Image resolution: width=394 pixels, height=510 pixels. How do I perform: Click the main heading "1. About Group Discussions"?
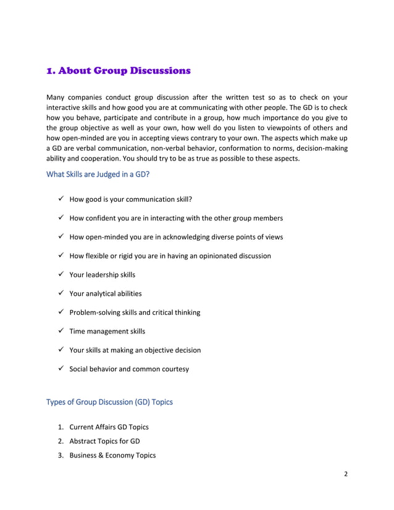click(x=119, y=70)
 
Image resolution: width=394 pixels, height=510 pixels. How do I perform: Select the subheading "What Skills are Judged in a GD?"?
click(x=98, y=174)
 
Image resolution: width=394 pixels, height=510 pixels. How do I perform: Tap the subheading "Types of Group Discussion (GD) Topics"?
click(x=109, y=402)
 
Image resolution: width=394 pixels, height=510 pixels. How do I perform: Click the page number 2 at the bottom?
click(x=346, y=474)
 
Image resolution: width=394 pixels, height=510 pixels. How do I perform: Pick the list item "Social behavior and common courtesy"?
click(x=129, y=369)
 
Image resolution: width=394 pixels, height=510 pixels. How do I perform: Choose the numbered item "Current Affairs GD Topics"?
click(x=109, y=427)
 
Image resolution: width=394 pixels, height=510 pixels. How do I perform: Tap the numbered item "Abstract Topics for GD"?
click(x=104, y=441)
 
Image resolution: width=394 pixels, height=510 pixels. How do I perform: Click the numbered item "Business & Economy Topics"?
click(x=112, y=455)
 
